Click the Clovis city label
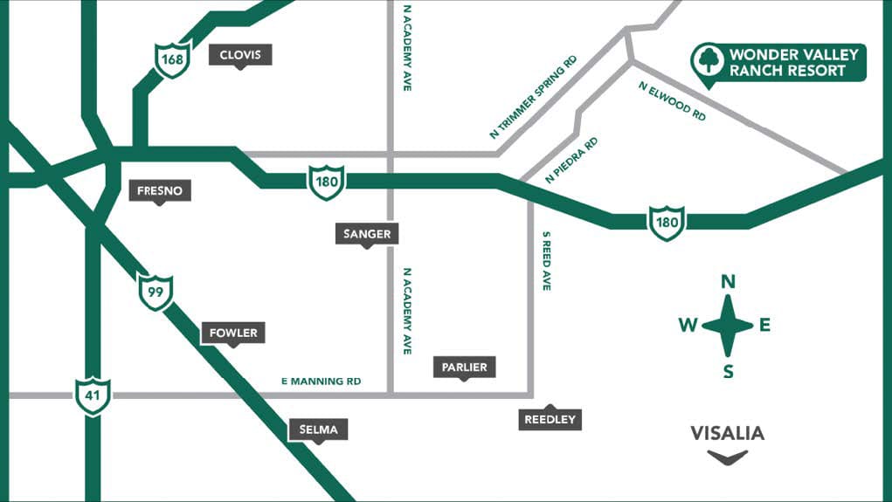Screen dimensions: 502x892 click(x=240, y=55)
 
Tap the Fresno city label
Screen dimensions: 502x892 click(x=159, y=190)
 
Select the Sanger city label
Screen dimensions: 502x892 click(x=368, y=234)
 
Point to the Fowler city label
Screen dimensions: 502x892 click(x=233, y=333)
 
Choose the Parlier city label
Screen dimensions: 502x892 click(x=465, y=368)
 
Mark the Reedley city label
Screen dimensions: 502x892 click(x=550, y=420)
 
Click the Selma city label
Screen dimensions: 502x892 click(x=319, y=430)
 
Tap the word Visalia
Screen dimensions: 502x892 click(x=727, y=433)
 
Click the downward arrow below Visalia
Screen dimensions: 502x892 click(x=727, y=457)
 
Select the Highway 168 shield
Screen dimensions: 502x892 click(x=173, y=59)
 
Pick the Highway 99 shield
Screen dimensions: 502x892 click(x=156, y=292)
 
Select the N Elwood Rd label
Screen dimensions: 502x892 click(x=673, y=100)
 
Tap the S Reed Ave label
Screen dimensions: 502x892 click(x=546, y=261)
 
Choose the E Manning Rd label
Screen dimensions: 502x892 click(x=321, y=382)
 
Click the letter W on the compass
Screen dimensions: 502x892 click(x=688, y=326)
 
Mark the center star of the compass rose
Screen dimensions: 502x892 click(x=727, y=326)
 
